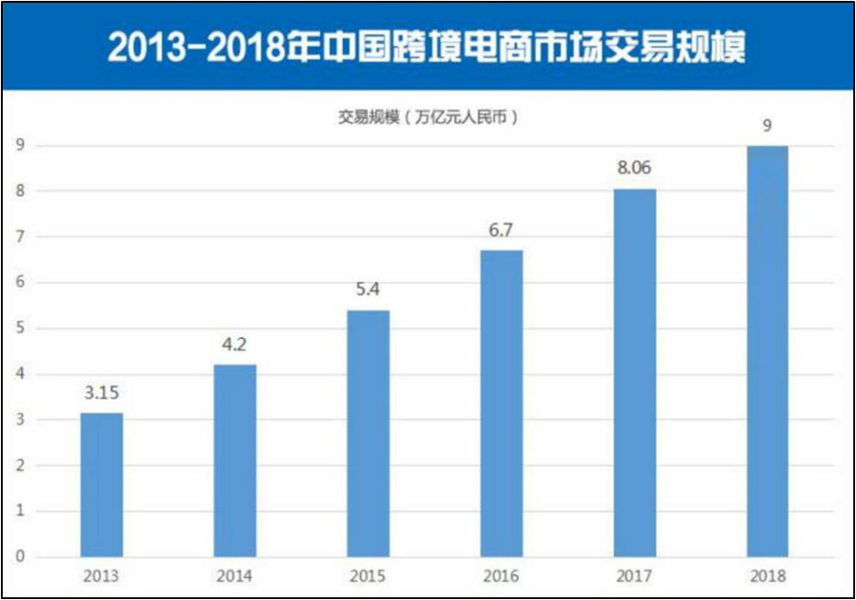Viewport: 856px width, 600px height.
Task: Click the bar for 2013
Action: [x=101, y=484]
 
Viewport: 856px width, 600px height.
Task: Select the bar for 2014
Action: [x=234, y=460]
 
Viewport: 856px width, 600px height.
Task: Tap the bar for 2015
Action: [x=368, y=433]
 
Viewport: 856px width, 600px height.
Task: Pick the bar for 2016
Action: [x=501, y=403]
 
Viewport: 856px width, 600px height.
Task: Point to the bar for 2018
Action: [x=768, y=351]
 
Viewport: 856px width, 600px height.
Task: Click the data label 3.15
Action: [x=101, y=395]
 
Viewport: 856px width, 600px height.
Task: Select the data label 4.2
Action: [x=234, y=347]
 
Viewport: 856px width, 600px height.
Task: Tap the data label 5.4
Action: [x=368, y=292]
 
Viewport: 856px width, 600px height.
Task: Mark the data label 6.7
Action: [x=501, y=232]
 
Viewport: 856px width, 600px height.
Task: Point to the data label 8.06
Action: [x=634, y=170]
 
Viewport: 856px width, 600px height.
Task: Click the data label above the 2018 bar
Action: [x=768, y=127]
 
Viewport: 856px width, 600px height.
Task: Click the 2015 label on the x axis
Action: [x=368, y=576]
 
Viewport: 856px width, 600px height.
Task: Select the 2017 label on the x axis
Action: [x=634, y=576]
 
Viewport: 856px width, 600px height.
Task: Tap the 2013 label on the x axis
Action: [x=101, y=576]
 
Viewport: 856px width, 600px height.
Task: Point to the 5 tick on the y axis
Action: [x=18, y=328]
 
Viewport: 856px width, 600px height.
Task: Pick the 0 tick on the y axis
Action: [x=18, y=557]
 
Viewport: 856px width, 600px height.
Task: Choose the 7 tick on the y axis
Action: [x=18, y=237]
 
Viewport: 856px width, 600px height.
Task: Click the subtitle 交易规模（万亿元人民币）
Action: [x=427, y=117]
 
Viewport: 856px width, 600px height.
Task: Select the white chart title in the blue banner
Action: [x=427, y=47]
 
